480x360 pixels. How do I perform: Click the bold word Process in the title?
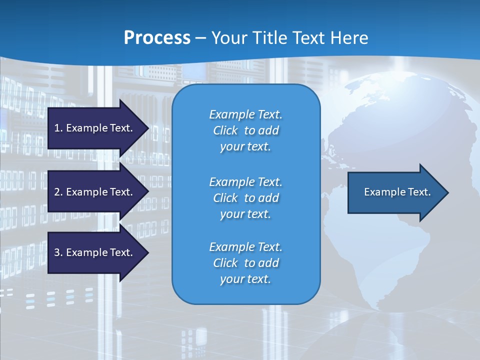pyautogui.click(x=157, y=38)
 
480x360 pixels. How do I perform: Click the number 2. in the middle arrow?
pyautogui.click(x=58, y=192)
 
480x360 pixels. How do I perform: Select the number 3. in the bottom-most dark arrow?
pyautogui.click(x=58, y=252)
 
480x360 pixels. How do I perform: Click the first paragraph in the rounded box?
pyautogui.click(x=245, y=130)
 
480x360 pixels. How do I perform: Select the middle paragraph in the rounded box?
pyautogui.click(x=245, y=197)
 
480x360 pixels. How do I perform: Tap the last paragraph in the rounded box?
pyautogui.click(x=245, y=263)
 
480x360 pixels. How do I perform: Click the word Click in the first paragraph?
pyautogui.click(x=225, y=130)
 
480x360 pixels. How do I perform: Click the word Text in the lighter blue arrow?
pyautogui.click(x=420, y=192)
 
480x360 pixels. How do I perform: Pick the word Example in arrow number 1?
pyautogui.click(x=86, y=128)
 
